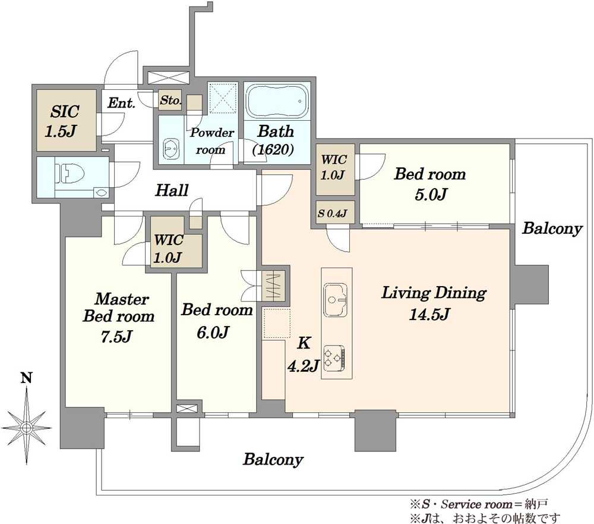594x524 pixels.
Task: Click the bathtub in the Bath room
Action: [277, 101]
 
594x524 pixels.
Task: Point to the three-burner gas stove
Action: [334, 358]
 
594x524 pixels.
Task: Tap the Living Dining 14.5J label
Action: [434, 303]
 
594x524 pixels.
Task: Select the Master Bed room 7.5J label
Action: [119, 317]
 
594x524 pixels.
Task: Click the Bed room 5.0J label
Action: [430, 184]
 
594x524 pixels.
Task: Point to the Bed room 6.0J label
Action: [217, 321]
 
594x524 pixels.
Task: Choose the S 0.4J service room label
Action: [332, 214]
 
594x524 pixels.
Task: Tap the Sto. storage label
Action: [170, 101]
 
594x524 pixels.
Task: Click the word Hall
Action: [172, 190]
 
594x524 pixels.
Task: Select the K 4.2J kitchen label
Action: [304, 354]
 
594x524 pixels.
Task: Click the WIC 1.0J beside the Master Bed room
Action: [169, 248]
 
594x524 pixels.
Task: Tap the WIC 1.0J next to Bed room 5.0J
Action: [333, 167]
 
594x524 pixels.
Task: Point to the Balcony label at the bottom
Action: [273, 460]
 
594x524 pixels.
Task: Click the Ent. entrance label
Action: [121, 102]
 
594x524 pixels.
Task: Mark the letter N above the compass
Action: [26, 378]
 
